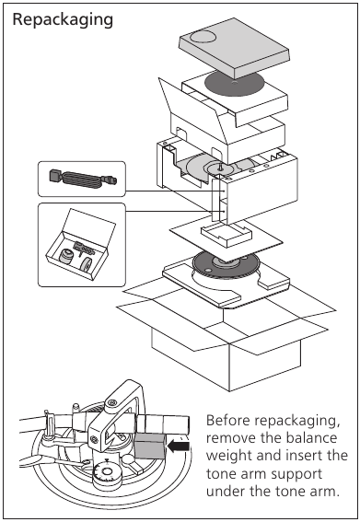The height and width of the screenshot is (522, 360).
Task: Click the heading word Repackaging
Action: (x=63, y=20)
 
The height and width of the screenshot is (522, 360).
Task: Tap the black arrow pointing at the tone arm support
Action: (x=179, y=447)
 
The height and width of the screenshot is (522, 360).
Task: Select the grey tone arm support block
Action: (x=149, y=447)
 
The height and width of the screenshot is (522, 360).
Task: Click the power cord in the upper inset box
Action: (x=82, y=178)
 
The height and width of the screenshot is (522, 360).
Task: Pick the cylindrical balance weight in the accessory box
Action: (x=66, y=256)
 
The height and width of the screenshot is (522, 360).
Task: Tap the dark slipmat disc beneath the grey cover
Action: (x=234, y=83)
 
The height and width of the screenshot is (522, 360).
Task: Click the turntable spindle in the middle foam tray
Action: (x=220, y=166)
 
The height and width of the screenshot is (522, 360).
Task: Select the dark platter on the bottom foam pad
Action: (x=226, y=264)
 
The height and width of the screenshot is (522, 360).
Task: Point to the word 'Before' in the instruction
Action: (x=228, y=420)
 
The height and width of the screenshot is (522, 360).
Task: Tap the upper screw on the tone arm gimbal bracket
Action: (x=112, y=403)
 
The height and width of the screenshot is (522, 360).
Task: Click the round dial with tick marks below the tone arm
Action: (x=107, y=472)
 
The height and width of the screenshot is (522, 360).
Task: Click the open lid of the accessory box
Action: (x=89, y=227)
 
